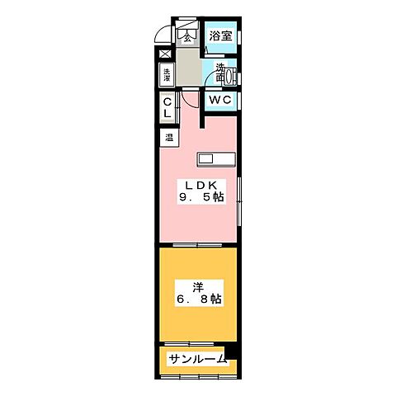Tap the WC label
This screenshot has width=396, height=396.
pyautogui.click(x=219, y=100)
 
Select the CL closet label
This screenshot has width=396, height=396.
pyautogui.click(x=167, y=108)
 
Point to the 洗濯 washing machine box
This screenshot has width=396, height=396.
pyautogui.click(x=167, y=75)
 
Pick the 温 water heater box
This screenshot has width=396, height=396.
pyautogui.click(x=168, y=138)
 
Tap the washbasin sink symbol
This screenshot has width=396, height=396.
pyautogui.click(x=230, y=79)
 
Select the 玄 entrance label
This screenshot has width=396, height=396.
pyautogui.click(x=187, y=35)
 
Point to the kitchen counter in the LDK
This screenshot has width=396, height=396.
pyautogui.click(x=216, y=159)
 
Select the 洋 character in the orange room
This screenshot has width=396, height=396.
pyautogui.click(x=199, y=288)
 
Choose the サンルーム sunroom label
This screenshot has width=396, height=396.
pyautogui.click(x=197, y=359)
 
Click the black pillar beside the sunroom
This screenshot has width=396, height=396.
pyautogui.click(x=233, y=351)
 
